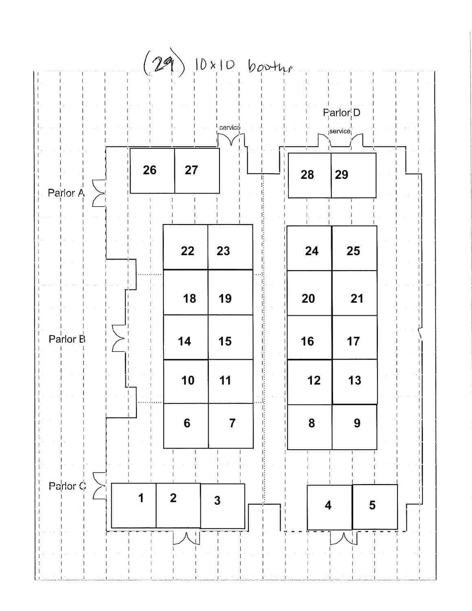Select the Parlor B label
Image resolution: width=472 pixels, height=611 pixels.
pos(67,339)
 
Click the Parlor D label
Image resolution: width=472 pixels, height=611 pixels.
pos(341,112)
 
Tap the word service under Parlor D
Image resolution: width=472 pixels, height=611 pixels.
pos(340,131)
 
